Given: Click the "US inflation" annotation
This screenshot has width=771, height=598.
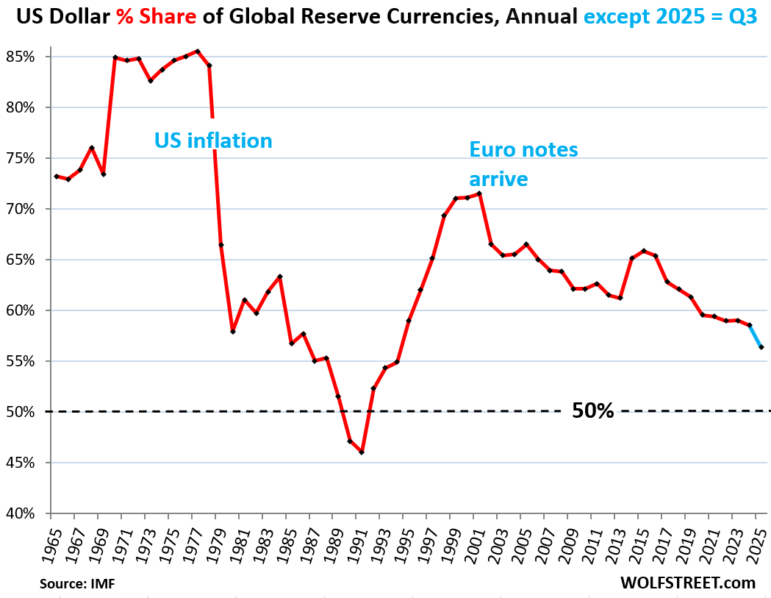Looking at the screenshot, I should (x=213, y=140).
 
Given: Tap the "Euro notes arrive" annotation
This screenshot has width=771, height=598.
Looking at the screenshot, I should (x=523, y=164).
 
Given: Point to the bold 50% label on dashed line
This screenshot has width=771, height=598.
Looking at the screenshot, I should (x=592, y=411).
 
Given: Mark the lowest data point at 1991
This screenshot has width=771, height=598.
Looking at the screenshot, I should (x=362, y=452).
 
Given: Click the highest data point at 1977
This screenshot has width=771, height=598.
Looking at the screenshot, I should (x=198, y=51).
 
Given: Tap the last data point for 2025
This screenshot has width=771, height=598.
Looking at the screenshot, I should (x=761, y=347).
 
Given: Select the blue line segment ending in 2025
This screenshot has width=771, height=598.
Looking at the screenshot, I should (x=756, y=336).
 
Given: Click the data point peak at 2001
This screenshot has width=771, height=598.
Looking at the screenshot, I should (x=479, y=193).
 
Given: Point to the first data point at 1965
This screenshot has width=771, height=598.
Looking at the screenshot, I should (x=57, y=177).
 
